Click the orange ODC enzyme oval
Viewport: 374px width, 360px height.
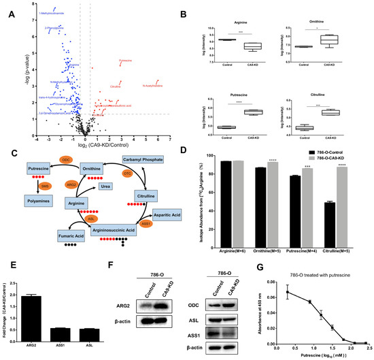click(66, 159)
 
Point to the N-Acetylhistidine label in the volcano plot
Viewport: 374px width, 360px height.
click(153, 86)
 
